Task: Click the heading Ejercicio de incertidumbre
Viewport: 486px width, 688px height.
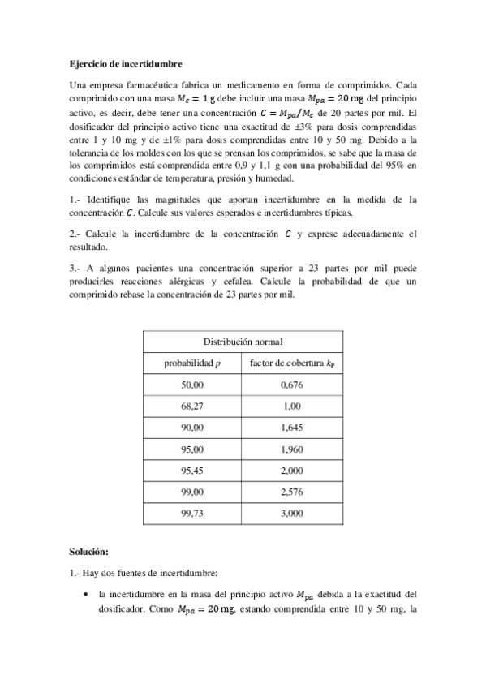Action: tap(125, 63)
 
